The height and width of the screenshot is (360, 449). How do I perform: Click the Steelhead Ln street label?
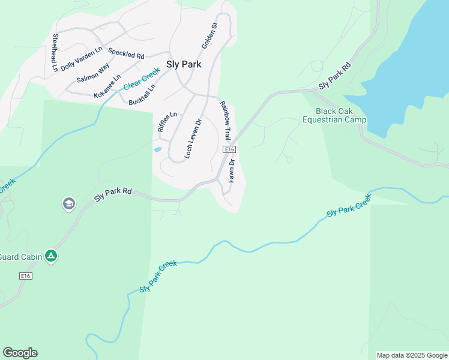pyautogui.click(x=55, y=44)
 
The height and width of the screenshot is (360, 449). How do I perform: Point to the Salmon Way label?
pyautogui.click(x=92, y=73)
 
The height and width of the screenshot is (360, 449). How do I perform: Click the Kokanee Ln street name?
pyautogui.click(x=107, y=86)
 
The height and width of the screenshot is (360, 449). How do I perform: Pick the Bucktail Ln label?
pyautogui.click(x=142, y=95)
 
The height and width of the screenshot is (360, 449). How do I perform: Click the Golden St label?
pyautogui.click(x=209, y=35)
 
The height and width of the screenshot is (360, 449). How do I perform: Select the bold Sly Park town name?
pyautogui.click(x=183, y=64)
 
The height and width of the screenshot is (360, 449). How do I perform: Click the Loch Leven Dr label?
pyautogui.click(x=193, y=138)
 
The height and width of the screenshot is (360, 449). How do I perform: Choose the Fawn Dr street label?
pyautogui.click(x=231, y=171)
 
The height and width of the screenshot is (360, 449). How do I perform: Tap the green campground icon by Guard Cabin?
pyautogui.click(x=52, y=256)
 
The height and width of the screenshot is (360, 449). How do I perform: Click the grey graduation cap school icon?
pyautogui.click(x=69, y=205)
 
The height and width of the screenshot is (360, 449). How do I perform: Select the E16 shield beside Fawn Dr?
pyautogui.click(x=228, y=149)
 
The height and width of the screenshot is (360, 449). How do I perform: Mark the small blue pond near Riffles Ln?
pyautogui.click(x=157, y=149)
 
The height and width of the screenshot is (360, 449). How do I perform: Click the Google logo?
pyautogui.click(x=20, y=353)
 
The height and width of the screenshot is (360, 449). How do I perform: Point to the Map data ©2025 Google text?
pyautogui.click(x=411, y=355)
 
